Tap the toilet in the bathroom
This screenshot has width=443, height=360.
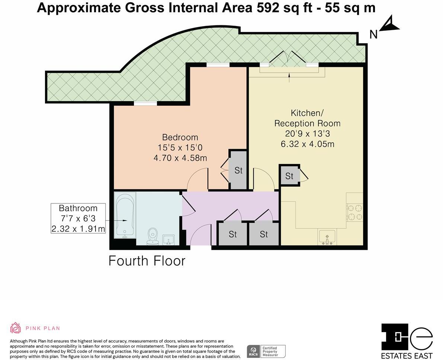[153, 237]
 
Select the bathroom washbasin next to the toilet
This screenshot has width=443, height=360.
[168, 240]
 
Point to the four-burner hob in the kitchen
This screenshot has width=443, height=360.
[354, 212]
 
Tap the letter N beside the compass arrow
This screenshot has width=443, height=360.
[373, 35]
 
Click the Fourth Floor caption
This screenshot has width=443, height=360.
[147, 261]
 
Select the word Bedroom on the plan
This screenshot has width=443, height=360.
[180, 137]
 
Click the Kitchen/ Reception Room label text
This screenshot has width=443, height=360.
[307, 118]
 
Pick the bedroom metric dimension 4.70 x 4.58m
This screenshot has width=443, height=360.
[180, 158]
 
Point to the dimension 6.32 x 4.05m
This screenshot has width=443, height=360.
[307, 144]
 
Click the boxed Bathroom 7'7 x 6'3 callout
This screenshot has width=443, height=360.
[78, 218]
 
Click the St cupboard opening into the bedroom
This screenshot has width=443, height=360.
[238, 170]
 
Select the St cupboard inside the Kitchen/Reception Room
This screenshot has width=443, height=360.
[289, 176]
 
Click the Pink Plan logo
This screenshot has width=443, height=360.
[35, 328]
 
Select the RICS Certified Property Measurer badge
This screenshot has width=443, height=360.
[266, 351]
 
